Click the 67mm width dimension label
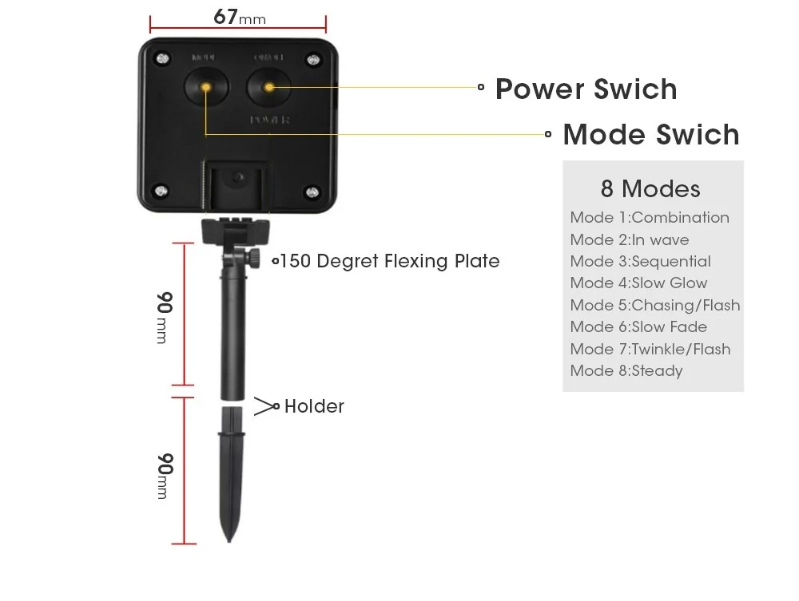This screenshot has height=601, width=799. (x=239, y=18)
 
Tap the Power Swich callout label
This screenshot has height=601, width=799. (x=586, y=89)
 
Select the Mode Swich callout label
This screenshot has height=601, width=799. (x=650, y=134)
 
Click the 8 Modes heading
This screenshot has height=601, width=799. (x=650, y=189)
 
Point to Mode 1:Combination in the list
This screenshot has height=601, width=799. (x=649, y=218)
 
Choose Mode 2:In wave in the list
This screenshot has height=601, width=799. (x=629, y=239)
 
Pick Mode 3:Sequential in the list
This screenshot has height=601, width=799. (x=640, y=261)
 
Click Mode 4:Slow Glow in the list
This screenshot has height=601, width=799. (x=638, y=283)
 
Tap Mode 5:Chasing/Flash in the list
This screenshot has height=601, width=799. (x=654, y=305)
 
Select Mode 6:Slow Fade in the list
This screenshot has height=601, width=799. (x=638, y=326)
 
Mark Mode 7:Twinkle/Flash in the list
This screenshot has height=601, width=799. (x=650, y=349)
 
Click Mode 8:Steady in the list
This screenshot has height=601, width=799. (x=626, y=370)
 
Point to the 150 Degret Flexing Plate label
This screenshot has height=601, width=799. (x=389, y=261)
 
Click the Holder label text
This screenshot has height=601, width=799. (x=314, y=406)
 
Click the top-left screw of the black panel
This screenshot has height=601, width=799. (x=163, y=59)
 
